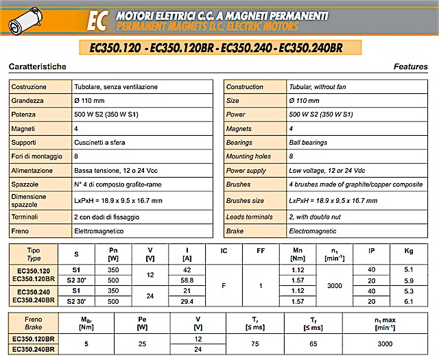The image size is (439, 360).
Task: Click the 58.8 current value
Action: click(x=186, y=280)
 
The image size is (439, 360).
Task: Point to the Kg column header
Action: click(x=410, y=251)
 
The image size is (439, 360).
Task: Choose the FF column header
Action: click(x=261, y=251)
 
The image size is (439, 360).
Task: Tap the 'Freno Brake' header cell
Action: click(x=33, y=322)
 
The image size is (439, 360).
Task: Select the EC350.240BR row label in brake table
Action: click(x=33, y=349)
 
